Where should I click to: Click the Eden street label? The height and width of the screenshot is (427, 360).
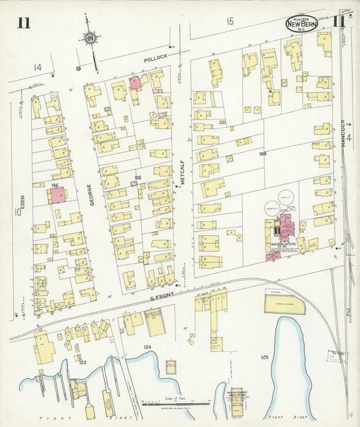coord(22,203)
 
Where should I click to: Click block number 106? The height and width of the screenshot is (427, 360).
coord(55,184)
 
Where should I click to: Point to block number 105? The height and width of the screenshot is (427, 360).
coord(137,178)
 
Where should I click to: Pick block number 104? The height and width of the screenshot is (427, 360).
coord(262,154)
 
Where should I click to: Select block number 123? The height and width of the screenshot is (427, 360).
coord(82,363)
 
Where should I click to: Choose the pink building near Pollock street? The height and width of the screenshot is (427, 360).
coord(135,82)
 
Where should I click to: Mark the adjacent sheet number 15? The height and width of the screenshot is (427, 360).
coord(230,22)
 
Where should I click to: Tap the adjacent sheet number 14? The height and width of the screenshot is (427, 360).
coord(38,67)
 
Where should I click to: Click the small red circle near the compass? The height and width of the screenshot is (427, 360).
coord(78,68)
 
